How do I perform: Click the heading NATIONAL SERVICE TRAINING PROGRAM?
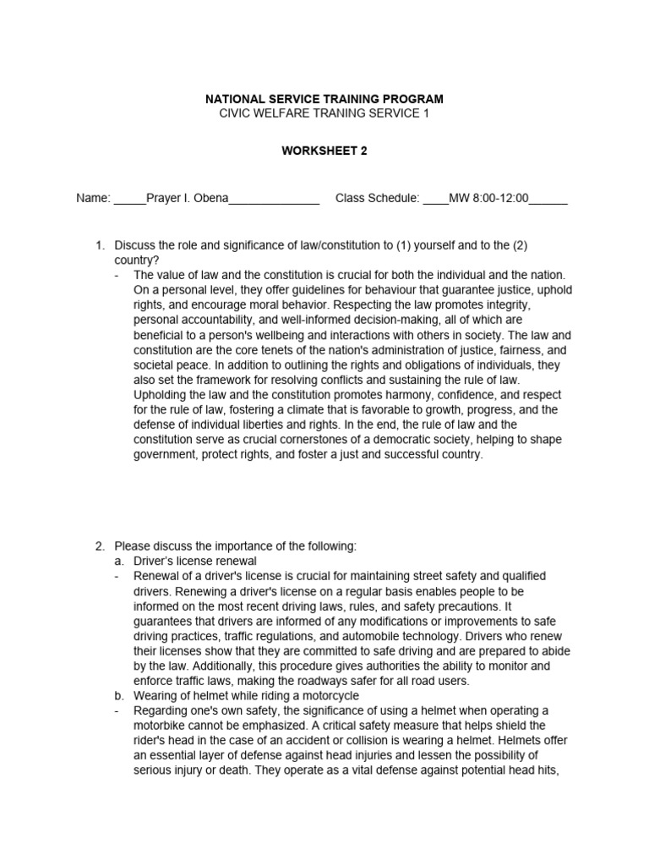click(x=324, y=99)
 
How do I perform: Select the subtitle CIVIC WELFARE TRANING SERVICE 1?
click(x=324, y=113)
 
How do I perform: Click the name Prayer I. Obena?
click(x=187, y=199)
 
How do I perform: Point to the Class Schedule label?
click(x=377, y=199)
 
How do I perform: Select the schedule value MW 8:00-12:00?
click(x=488, y=199)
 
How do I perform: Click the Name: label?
click(x=93, y=199)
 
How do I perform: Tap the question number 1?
click(x=100, y=245)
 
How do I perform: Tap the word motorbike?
click(x=162, y=726)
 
